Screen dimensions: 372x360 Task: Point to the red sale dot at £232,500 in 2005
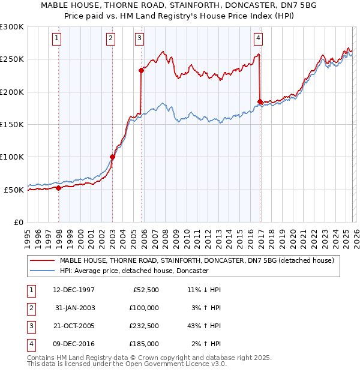coord(142,70)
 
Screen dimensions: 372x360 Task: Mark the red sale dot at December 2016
coord(260,101)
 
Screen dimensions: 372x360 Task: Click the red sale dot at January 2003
coord(112,157)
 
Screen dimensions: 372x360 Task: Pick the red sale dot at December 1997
coord(59,188)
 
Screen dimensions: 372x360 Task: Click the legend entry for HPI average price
coord(133,271)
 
